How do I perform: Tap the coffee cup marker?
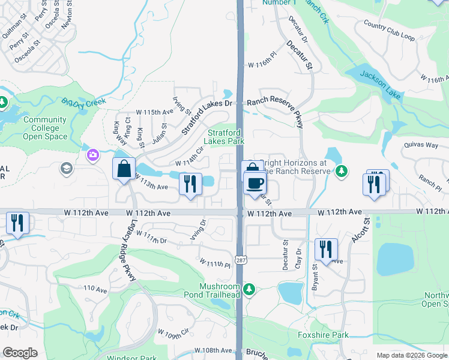pyautogui.click(x=255, y=182)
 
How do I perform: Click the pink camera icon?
pyautogui.click(x=92, y=155)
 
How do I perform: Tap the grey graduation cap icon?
pyautogui.click(x=65, y=169)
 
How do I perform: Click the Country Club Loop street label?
pyautogui.click(x=389, y=30)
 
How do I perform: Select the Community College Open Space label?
pyautogui.click(x=42, y=128)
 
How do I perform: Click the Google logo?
pyautogui.click(x=20, y=353)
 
